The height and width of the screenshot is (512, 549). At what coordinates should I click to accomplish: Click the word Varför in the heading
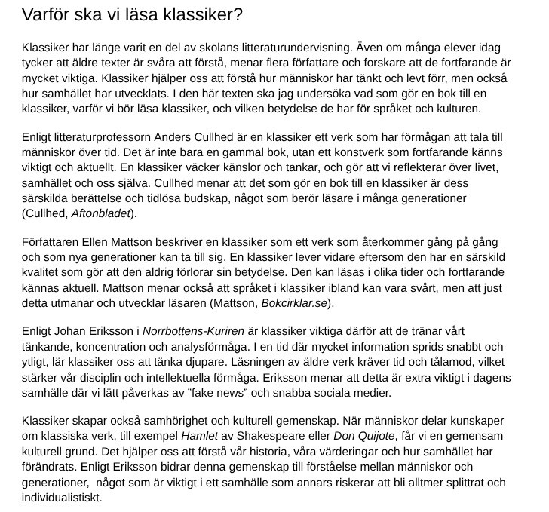point(45,14)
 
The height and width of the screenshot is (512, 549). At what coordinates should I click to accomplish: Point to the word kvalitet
point(44,274)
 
